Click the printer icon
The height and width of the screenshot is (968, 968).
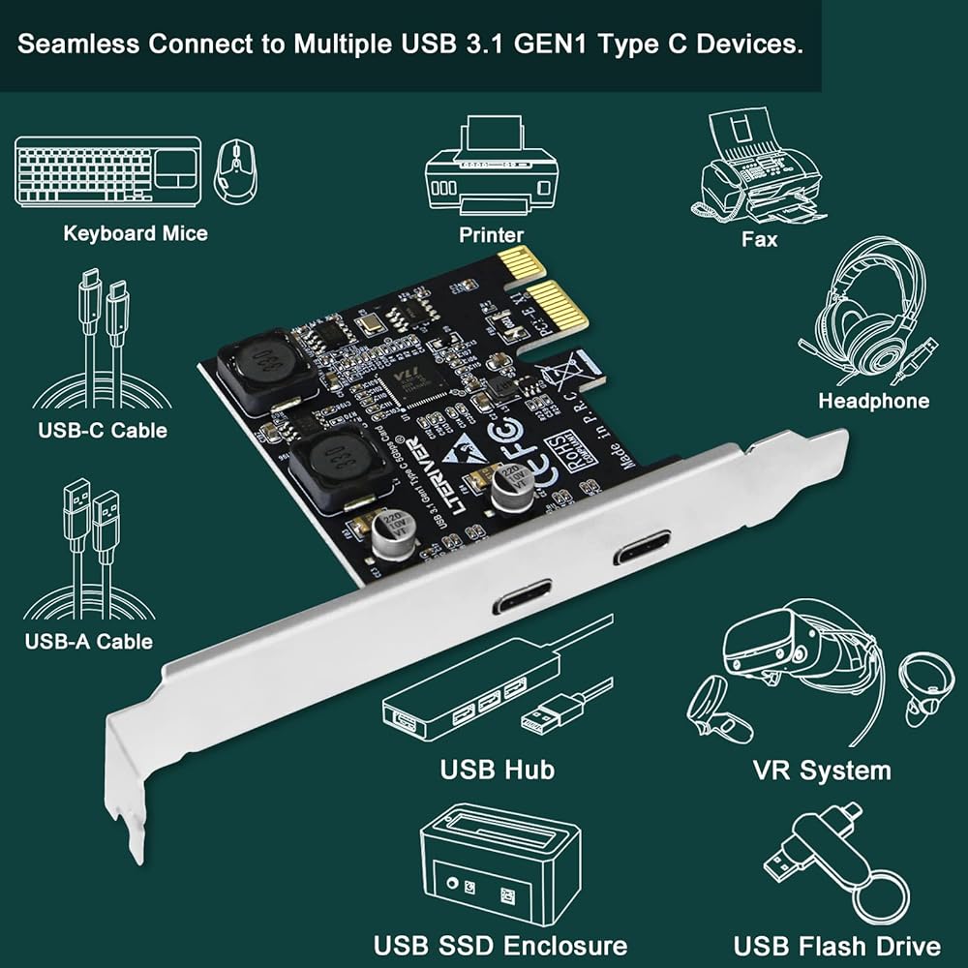pyautogui.click(x=491, y=170)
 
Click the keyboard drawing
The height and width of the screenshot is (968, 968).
pyautogui.click(x=107, y=170)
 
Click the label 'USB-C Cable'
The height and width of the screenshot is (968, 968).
pyautogui.click(x=103, y=430)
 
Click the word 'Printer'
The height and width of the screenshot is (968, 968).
pyautogui.click(x=491, y=234)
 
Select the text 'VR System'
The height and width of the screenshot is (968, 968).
pyautogui.click(x=821, y=771)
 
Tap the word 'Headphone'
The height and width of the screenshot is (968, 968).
pyautogui.click(x=873, y=401)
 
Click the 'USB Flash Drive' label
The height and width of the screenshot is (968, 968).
pyautogui.click(x=836, y=946)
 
